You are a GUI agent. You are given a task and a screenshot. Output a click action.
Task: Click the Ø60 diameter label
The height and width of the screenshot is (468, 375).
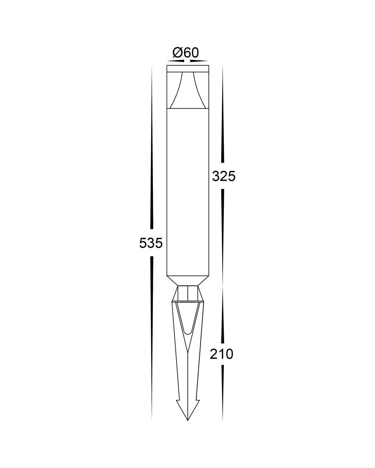point(186,53)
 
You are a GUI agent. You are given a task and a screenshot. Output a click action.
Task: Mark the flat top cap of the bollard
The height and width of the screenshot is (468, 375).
point(187,68)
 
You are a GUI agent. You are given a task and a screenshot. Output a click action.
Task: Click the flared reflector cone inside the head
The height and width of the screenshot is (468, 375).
point(187,90)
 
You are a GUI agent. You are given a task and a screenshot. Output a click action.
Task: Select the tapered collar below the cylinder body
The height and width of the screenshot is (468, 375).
point(187,281)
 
